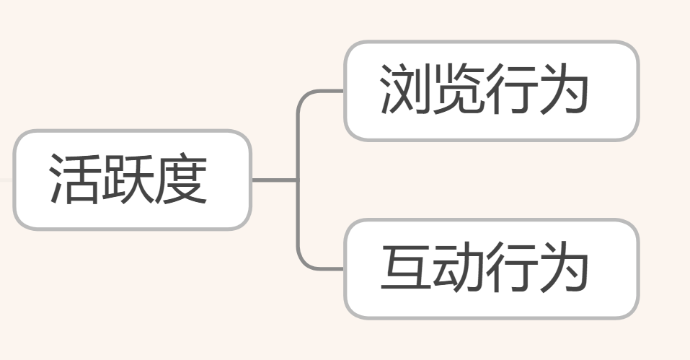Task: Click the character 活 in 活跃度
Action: [x=75, y=180]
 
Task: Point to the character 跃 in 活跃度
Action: [x=128, y=180]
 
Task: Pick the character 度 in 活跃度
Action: [x=181, y=180]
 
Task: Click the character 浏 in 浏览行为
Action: [x=405, y=91]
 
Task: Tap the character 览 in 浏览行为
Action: [x=458, y=91]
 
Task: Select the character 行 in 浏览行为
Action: [x=510, y=91]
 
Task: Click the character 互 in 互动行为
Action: [x=405, y=270]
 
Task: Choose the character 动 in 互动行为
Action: [x=458, y=270]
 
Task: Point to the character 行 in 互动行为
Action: [x=510, y=270]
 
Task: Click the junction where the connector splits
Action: [x=297, y=180]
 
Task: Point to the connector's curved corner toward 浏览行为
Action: [x=301, y=96]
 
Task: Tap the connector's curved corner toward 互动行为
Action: [x=301, y=265]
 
